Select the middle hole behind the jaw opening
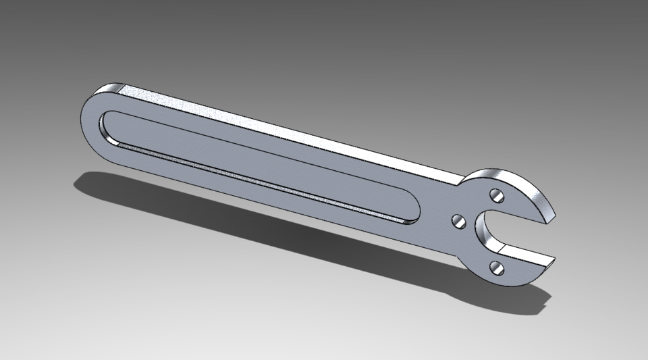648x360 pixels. (x=457, y=220)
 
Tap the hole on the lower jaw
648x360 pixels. (x=498, y=268)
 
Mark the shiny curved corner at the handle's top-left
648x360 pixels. (x=108, y=89)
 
